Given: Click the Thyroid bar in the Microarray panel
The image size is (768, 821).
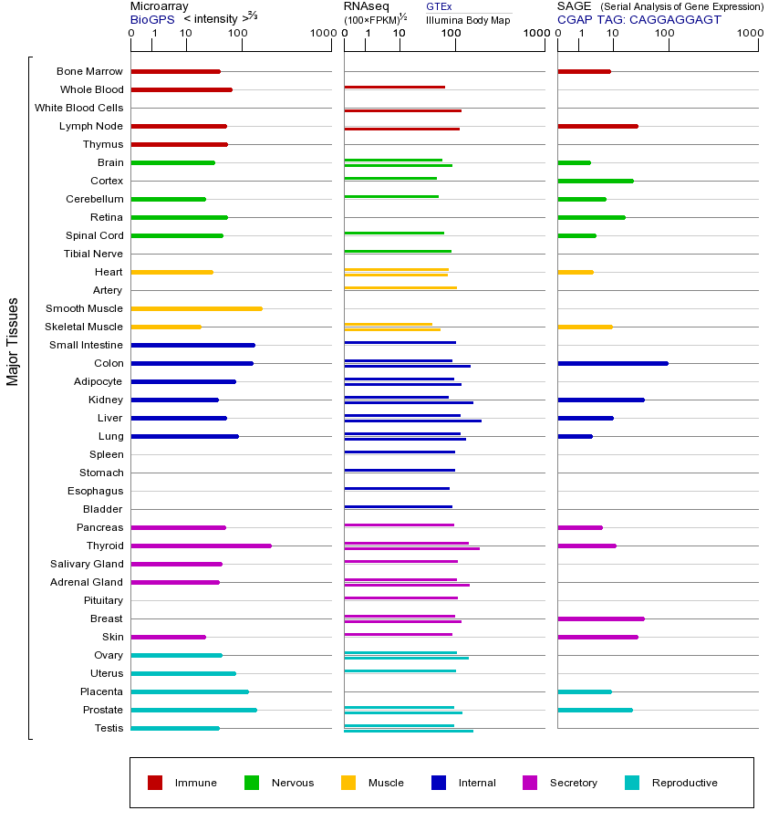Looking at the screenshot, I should [201, 546].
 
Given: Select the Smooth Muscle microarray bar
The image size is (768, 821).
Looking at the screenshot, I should [196, 308].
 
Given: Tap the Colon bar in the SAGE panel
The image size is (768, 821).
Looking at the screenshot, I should [612, 363].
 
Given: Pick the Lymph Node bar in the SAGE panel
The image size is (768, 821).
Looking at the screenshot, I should [597, 126].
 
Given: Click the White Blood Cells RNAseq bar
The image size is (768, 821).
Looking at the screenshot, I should [402, 110].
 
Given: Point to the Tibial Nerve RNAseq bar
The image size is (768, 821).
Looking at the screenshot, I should [398, 251].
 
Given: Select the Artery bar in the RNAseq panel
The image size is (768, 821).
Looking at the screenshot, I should [400, 287].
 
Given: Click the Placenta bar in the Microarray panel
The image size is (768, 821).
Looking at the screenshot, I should [190, 691].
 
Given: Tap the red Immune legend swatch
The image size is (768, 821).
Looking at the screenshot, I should [155, 783].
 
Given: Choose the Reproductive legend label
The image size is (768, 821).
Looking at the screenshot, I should [684, 783].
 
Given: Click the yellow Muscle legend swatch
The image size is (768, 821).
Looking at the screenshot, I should [348, 783].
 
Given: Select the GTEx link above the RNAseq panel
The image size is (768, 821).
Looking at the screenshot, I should [439, 6].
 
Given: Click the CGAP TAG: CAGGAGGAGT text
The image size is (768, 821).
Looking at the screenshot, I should [638, 19].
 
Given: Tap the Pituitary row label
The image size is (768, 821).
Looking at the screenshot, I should [102, 600].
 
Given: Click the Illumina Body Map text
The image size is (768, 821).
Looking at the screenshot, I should [468, 19].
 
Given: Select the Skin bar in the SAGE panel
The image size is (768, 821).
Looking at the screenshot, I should [597, 637].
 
